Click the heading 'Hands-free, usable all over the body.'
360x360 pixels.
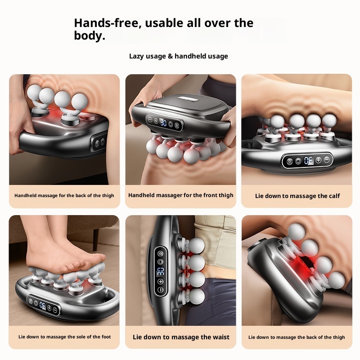coord(163,29)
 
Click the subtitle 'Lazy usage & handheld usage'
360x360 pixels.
coord(179,56)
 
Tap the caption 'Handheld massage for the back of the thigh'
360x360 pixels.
coord(64,196)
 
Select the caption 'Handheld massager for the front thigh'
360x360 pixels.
coord(181,195)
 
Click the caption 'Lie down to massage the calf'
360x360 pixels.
coord(297,196)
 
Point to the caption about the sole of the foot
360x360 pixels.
coord(64,337)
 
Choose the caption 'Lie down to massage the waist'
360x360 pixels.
coord(181,337)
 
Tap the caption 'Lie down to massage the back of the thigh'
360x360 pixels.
coord(297,337)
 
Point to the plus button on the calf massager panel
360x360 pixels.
coord(318,160)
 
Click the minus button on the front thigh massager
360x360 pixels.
coord(148,119)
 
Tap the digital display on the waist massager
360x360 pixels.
coord(160,271)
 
